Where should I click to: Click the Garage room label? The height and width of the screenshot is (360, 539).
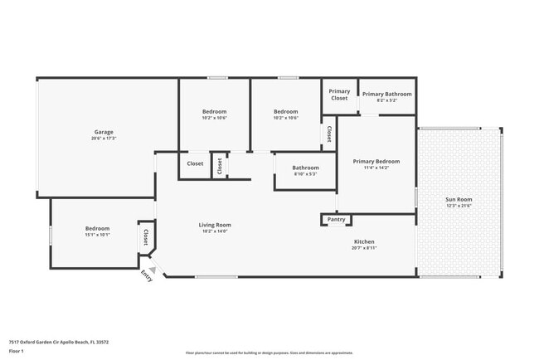click(x=104, y=132)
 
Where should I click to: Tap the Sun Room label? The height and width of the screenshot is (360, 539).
click(x=459, y=199)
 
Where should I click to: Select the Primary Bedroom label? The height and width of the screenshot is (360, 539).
click(x=376, y=161)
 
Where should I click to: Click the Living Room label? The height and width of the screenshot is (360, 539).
click(x=214, y=225)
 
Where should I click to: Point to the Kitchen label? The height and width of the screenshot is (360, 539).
click(x=364, y=241)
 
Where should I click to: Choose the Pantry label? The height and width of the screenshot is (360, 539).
click(x=336, y=220)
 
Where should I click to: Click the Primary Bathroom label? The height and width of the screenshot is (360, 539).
click(x=386, y=94)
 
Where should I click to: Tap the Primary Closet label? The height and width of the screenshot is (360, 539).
click(x=339, y=95)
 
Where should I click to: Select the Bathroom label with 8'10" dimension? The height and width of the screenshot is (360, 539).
click(x=305, y=168)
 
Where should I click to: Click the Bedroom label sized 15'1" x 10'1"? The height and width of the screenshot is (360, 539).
click(x=97, y=228)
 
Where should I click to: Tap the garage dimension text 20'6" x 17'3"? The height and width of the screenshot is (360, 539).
click(x=104, y=139)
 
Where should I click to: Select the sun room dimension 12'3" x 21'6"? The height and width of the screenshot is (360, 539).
click(x=459, y=206)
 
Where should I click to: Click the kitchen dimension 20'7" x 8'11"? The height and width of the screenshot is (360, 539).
click(x=364, y=248)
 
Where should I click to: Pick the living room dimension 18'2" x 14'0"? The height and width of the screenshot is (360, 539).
click(x=214, y=231)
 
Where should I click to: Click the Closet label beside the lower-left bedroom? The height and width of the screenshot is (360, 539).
click(x=146, y=237)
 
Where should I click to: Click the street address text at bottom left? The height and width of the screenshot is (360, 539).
click(x=59, y=342)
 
